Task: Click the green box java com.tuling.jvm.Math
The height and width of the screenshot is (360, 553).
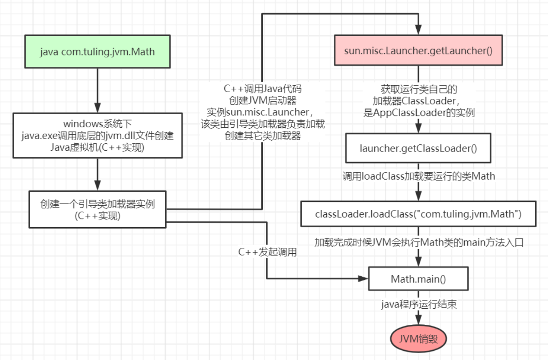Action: (x=98, y=51)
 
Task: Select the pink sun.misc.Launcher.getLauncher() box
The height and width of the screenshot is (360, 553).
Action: (x=418, y=50)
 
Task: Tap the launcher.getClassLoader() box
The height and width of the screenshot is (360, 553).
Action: (x=418, y=148)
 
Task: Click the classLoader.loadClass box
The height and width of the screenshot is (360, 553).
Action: (x=418, y=214)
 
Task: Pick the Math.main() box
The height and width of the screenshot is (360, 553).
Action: (x=418, y=279)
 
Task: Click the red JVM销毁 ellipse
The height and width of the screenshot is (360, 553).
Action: (x=418, y=339)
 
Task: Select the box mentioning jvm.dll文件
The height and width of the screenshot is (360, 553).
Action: (x=98, y=136)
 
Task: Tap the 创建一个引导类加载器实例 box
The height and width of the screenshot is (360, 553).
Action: (x=98, y=209)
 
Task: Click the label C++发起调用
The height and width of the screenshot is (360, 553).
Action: (x=267, y=252)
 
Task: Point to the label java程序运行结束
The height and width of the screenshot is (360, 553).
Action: (x=419, y=304)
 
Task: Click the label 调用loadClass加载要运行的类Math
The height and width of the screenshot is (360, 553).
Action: (x=419, y=176)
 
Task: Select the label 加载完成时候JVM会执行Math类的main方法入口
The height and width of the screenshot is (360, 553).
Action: (x=419, y=242)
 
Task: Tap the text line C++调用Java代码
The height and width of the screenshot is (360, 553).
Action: (x=263, y=88)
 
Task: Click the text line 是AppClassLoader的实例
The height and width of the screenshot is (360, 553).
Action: (x=419, y=113)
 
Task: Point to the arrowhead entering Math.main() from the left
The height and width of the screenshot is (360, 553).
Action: (x=363, y=279)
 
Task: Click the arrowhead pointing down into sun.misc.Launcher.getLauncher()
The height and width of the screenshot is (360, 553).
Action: (x=418, y=30)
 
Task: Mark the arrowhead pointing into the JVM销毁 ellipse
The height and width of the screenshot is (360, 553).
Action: (x=418, y=320)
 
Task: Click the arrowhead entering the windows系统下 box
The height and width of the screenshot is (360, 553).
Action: (x=98, y=108)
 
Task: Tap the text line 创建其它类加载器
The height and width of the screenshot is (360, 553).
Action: (x=263, y=136)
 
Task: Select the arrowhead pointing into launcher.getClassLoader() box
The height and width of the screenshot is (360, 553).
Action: (x=418, y=128)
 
